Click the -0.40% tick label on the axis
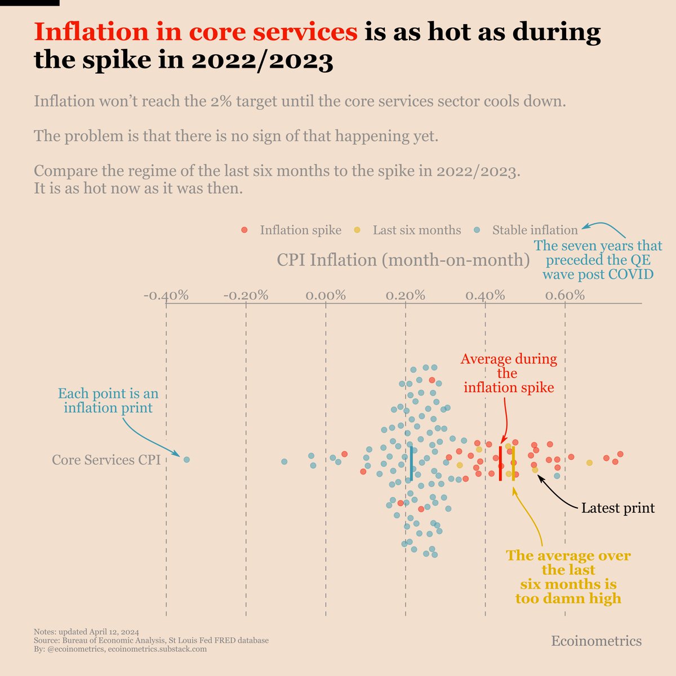point(166,296)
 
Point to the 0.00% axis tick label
point(326,296)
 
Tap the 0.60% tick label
point(565,296)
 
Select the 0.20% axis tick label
point(406,296)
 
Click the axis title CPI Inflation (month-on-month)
point(403,260)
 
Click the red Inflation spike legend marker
point(244,230)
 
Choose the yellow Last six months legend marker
point(357,230)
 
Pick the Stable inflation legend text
point(535,230)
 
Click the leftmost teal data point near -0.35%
point(186,460)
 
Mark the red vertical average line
point(500,463)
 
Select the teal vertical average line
point(412,463)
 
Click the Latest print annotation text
point(617,508)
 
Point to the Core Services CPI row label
point(106,460)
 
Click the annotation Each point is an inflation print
point(108,401)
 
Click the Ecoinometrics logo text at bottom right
point(596,641)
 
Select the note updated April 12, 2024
point(86,631)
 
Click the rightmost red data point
point(620,454)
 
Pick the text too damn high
point(568,598)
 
